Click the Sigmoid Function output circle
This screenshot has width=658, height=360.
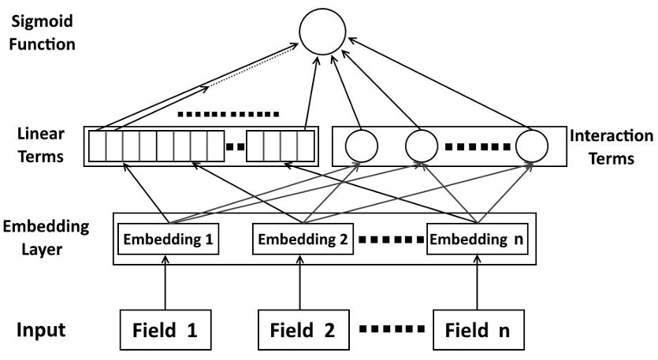point(322,35)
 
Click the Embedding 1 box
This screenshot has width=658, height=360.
point(167,239)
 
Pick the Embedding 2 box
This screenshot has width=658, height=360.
point(303,239)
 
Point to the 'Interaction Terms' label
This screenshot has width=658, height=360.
point(611,147)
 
